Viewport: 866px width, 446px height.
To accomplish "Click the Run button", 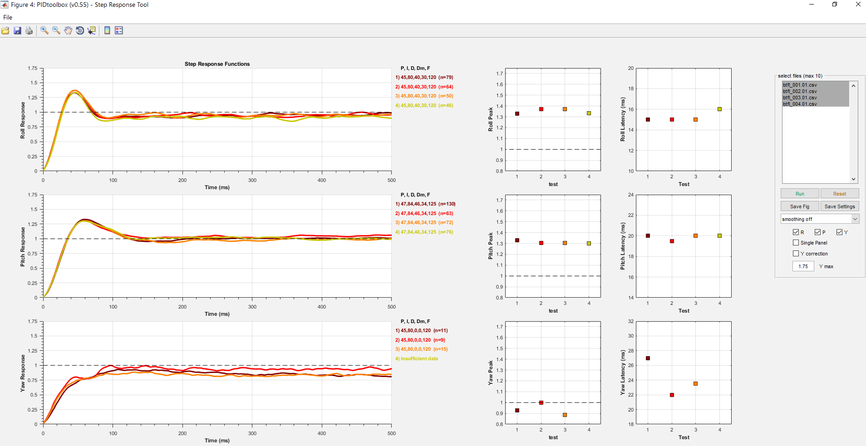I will pyautogui.click(x=800, y=194).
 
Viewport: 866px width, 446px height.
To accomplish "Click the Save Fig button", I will pyautogui.click(x=800, y=206).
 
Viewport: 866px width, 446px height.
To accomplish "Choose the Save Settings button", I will pyautogui.click(x=840, y=206).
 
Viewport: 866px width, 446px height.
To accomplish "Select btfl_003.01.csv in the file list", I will pyautogui.click(x=800, y=98).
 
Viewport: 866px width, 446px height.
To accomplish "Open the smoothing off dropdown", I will pyautogui.click(x=820, y=219).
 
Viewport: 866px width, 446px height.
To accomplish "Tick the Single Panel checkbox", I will pyautogui.click(x=796, y=243).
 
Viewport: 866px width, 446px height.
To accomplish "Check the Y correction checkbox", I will pyautogui.click(x=796, y=254).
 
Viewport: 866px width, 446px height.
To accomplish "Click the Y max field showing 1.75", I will pyautogui.click(x=803, y=266).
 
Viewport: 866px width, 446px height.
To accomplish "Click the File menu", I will pyautogui.click(x=8, y=17).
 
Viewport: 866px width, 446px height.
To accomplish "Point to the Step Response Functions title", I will pyautogui.click(x=217, y=64).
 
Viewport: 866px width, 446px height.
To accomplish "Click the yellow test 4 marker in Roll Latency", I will pyautogui.click(x=719, y=109).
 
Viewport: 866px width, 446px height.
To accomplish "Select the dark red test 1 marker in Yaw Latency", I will pyautogui.click(x=648, y=358).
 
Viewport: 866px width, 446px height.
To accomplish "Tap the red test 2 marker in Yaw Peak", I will pyautogui.click(x=541, y=403).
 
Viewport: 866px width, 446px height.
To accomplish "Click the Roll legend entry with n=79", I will pyautogui.click(x=424, y=78).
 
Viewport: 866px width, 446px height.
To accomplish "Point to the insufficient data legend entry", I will pyautogui.click(x=417, y=358).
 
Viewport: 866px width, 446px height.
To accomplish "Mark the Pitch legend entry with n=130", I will pyautogui.click(x=425, y=204).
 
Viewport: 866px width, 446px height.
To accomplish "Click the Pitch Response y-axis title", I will pyautogui.click(x=23, y=247).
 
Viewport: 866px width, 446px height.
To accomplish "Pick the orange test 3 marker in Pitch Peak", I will pyautogui.click(x=565, y=243).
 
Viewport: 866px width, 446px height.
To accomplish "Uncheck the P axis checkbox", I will pyautogui.click(x=817, y=232).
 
